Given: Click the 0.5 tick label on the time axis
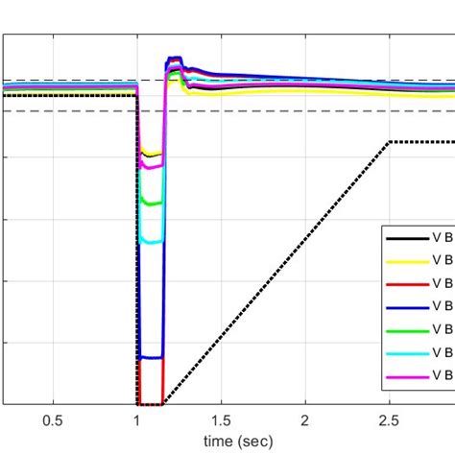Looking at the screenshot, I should tap(53, 420).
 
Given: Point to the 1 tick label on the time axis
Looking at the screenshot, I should tap(137, 420).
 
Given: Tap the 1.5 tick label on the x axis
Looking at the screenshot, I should tap(222, 420).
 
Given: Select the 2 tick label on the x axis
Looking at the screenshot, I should tap(305, 420).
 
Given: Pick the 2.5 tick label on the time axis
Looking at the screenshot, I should tap(389, 420).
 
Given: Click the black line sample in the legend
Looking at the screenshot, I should tap(406, 237).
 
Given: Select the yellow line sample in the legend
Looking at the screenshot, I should tap(406, 260).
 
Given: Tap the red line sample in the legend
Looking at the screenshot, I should tap(406, 283).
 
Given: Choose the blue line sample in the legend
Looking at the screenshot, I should tap(406, 306).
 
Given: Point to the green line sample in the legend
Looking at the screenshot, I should tap(406, 329).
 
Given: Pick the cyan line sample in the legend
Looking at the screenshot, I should tap(406, 352).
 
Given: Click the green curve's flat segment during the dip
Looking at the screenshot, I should tap(151, 203).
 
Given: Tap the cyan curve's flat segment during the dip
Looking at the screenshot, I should tap(151, 242).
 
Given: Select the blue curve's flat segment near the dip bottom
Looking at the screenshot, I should tap(151, 358).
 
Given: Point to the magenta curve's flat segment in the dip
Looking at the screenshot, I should tap(151, 166).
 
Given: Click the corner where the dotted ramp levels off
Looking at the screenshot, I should tap(388, 142).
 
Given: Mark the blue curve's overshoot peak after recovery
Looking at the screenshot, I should tap(175, 60).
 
